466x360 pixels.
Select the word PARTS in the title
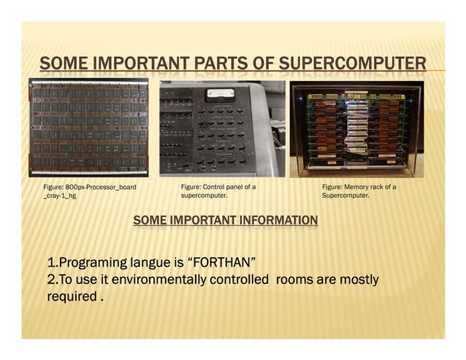(224, 64)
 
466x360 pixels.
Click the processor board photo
(88, 127)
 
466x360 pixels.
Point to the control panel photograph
(222, 128)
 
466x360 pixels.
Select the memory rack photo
(357, 127)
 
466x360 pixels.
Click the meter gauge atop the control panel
(219, 93)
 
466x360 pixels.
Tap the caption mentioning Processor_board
(90, 188)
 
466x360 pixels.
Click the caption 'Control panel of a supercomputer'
(218, 191)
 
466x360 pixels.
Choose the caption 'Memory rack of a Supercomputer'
(359, 191)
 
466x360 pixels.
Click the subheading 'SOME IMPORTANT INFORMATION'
(226, 221)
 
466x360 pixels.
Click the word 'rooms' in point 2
(298, 280)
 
